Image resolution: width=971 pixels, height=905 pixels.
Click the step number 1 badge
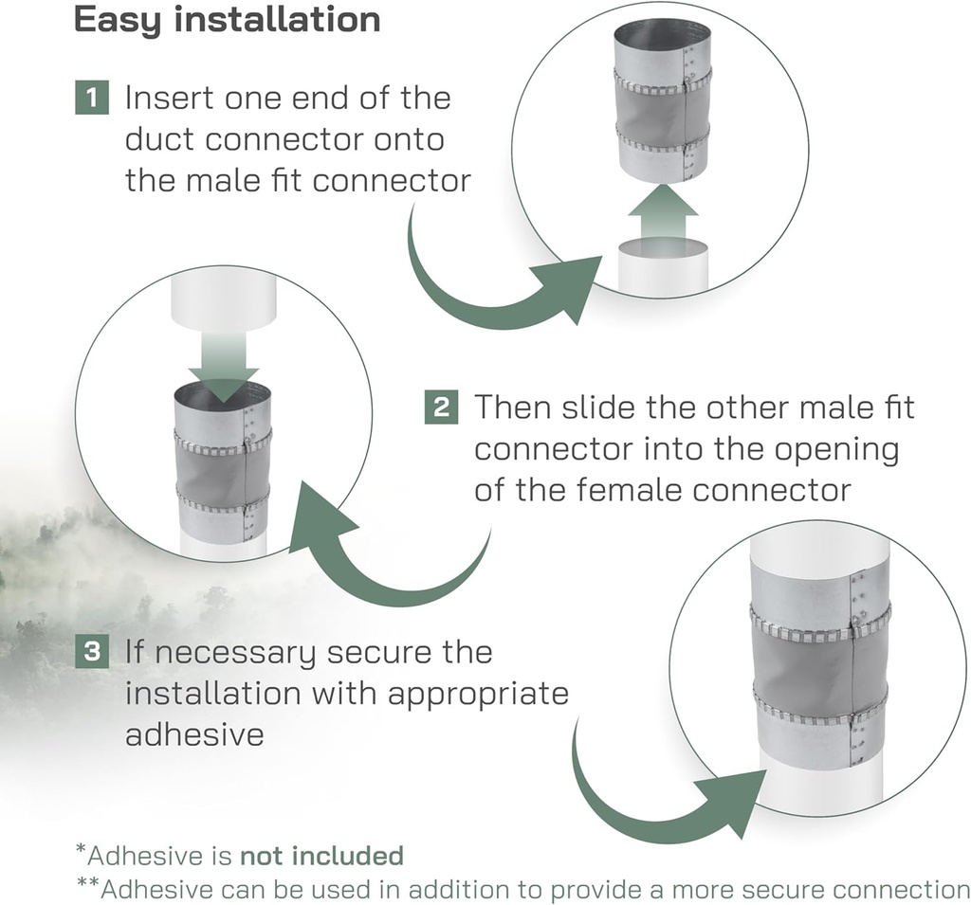tap(92, 98)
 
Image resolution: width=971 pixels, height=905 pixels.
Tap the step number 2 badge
tap(441, 407)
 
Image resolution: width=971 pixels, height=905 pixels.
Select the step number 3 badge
tap(92, 651)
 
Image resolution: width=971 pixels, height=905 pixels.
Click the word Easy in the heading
tap(118, 21)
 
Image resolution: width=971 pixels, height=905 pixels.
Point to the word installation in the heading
tap(278, 19)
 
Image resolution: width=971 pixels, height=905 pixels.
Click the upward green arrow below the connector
tap(663, 213)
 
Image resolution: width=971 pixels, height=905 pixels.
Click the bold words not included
tap(322, 855)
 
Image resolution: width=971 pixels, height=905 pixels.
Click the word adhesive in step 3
tap(194, 734)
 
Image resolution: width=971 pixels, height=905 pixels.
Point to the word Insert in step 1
tap(170, 98)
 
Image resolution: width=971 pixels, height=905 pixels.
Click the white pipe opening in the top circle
tap(663, 248)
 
